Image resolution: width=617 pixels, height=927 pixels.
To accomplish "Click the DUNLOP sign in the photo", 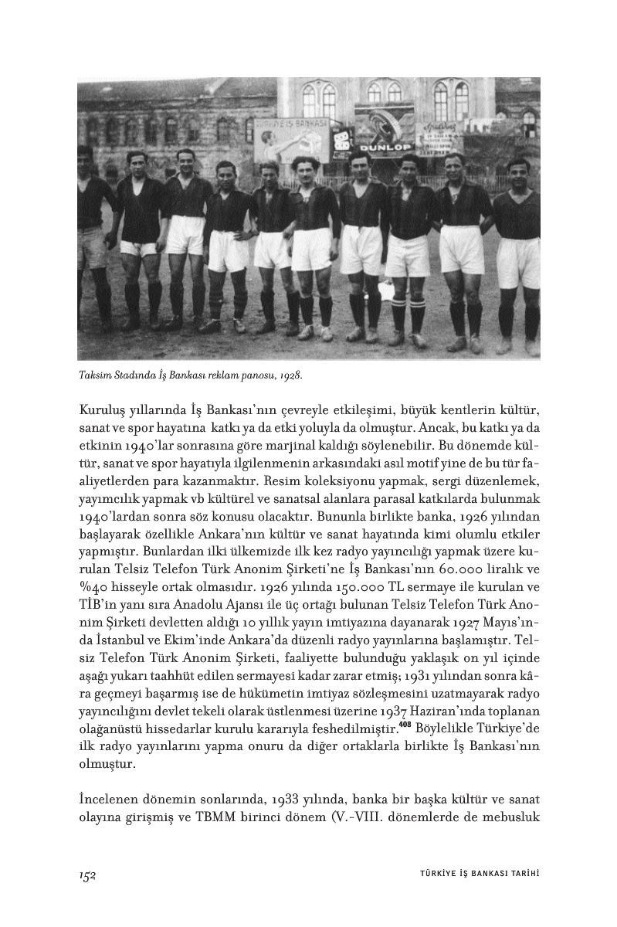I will click(385, 146).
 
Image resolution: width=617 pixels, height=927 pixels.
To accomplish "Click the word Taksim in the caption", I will click(95, 376).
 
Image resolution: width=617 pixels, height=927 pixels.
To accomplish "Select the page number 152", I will click(86, 874).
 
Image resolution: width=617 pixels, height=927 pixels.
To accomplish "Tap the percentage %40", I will click(95, 606).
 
